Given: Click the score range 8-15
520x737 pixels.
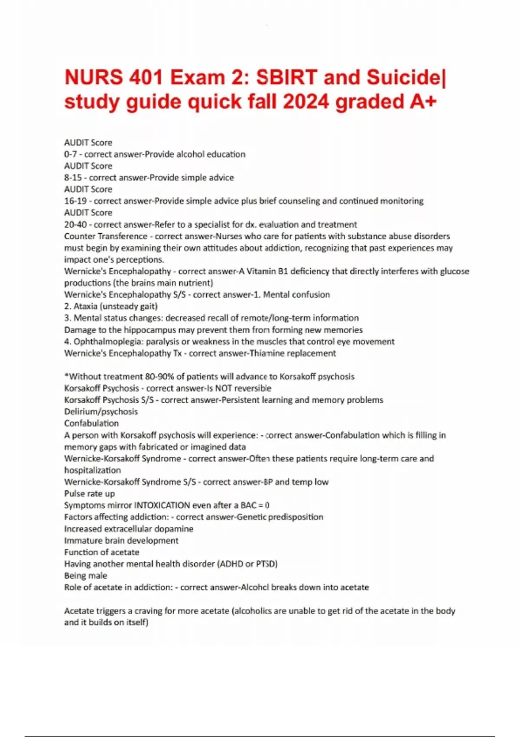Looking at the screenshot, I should (73, 178).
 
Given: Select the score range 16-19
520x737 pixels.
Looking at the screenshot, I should (75, 201).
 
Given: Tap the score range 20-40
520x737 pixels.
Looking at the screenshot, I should (75, 225).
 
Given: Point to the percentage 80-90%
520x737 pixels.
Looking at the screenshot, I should (156, 377).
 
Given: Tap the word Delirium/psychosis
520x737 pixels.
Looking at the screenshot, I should (101, 412).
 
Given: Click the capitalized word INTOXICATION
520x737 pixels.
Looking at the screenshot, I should (162, 505).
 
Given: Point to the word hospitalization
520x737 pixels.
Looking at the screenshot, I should (93, 470).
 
